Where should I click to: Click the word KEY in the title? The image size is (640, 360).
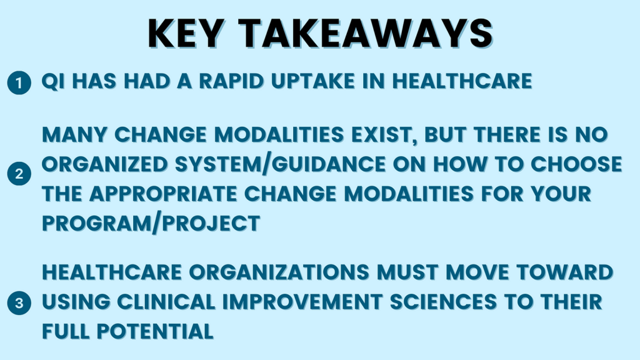click(x=186, y=34)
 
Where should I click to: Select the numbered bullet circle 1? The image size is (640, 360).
click(x=19, y=83)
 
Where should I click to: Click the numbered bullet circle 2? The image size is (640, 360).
click(x=19, y=174)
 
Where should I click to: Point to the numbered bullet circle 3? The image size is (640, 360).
click(x=19, y=303)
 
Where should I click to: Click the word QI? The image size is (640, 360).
click(x=53, y=81)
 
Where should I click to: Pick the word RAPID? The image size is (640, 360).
click(x=231, y=81)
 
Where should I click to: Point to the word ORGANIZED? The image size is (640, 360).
click(x=105, y=164)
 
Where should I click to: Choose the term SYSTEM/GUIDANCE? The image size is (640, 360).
click(x=281, y=165)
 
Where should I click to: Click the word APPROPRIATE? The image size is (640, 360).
click(x=163, y=194)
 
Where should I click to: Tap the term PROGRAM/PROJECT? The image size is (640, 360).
click(x=151, y=224)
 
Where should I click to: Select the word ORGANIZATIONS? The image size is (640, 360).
click(x=279, y=272)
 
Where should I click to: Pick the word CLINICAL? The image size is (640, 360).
click(x=166, y=302)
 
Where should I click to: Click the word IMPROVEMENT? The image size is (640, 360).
click(x=302, y=302)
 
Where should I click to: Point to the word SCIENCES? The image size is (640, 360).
click(x=443, y=302)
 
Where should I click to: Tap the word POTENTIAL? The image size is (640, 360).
click(x=155, y=331)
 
